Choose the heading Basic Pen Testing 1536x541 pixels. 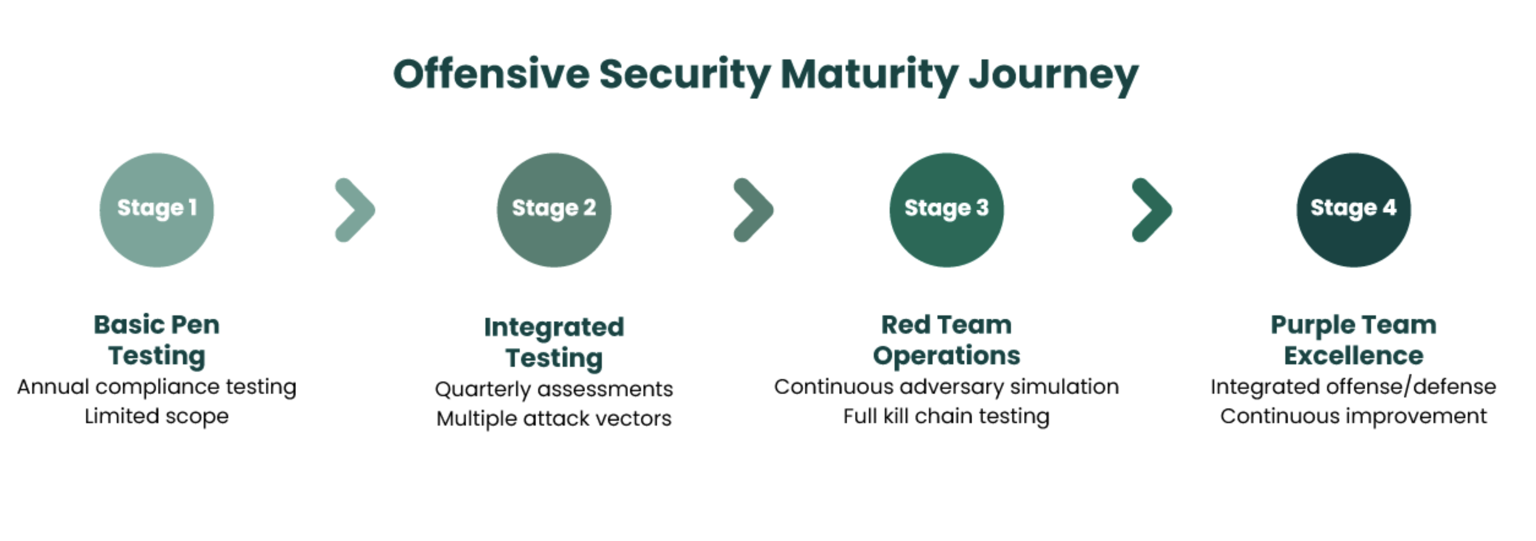pos(156,340)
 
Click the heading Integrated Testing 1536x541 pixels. pos(554,342)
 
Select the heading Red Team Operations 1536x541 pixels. pos(946,340)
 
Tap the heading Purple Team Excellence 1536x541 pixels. pos(1353,340)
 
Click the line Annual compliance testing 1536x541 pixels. pos(156,387)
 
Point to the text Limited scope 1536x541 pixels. pos(156,416)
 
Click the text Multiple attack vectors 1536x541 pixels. pos(554,419)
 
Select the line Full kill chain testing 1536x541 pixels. pos(946,416)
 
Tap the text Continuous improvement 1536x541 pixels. pos(1353,416)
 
